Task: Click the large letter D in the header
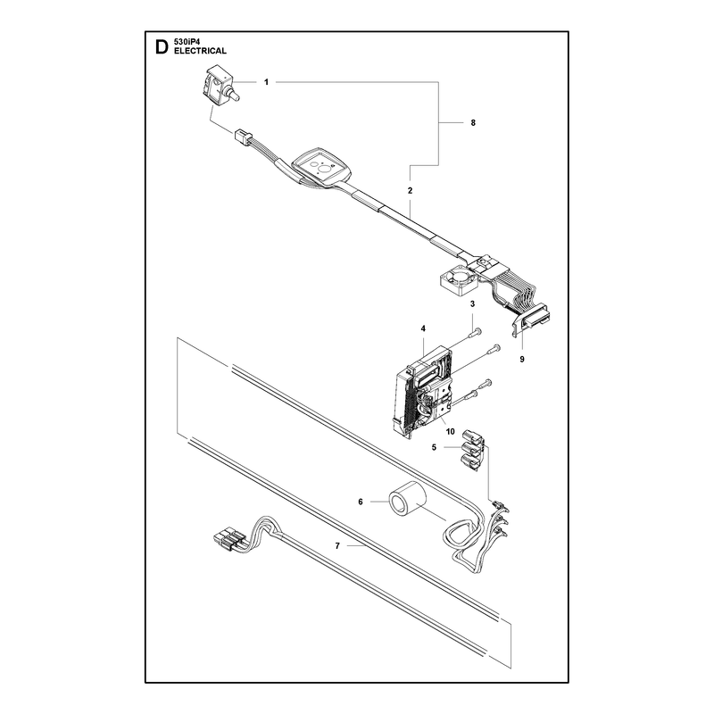[162, 47]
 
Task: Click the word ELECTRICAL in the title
[200, 51]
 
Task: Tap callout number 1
[266, 82]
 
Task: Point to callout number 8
[473, 122]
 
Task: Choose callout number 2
[410, 190]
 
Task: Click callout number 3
[473, 303]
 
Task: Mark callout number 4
[423, 328]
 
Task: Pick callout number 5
[434, 448]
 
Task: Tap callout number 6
[361, 502]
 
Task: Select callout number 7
[337, 545]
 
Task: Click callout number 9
[522, 360]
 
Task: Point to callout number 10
[451, 431]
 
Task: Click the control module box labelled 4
[425, 390]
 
